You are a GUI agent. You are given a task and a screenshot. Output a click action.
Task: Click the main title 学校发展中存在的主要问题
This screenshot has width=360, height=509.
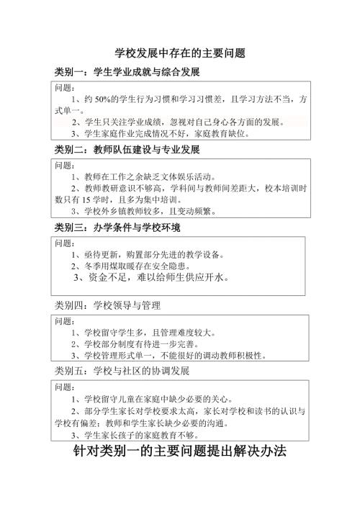click(181, 53)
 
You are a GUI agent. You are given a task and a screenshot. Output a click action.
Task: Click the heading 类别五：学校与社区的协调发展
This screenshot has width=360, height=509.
click(122, 371)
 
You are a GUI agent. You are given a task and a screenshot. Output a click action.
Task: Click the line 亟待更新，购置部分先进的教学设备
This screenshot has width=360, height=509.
click(148, 253)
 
